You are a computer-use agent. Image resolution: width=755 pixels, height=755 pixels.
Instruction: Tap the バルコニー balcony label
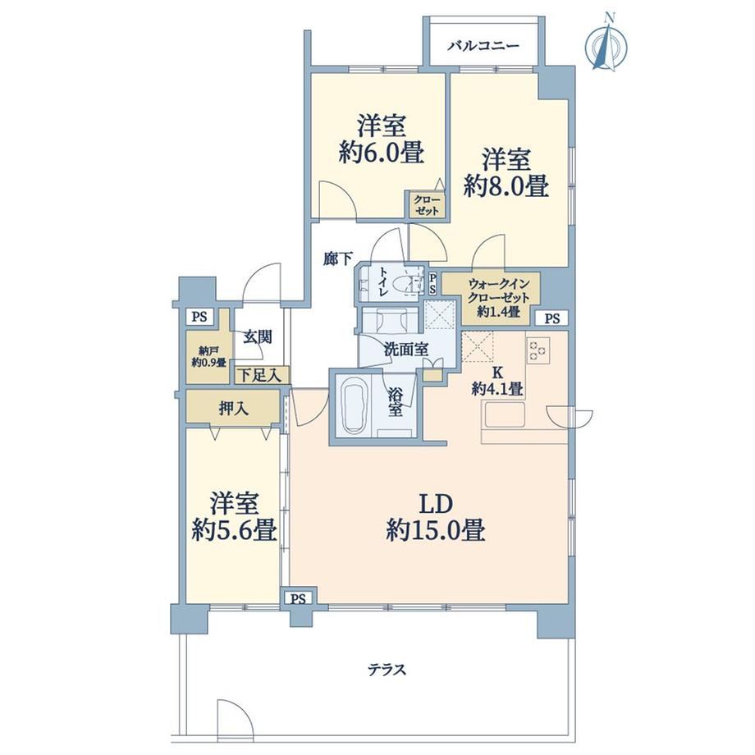483,46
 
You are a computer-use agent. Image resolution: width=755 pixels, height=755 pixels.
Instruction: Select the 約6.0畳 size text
382,153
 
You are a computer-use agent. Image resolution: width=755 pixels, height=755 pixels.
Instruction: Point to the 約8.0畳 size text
506,185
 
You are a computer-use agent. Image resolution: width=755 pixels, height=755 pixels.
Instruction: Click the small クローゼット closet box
427,205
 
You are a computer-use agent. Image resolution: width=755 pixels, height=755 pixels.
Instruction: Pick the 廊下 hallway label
337,260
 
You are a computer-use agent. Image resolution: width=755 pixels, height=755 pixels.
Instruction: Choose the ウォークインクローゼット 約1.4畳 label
498,298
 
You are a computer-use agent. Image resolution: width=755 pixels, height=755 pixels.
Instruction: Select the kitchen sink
505,414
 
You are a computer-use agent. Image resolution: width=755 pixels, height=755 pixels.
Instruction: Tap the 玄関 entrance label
257,337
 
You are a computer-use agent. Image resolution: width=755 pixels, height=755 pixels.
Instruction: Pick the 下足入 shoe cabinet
262,375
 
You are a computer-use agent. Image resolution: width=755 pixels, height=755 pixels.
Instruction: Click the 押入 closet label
234,409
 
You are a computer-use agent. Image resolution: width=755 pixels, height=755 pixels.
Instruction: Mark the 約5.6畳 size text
234,530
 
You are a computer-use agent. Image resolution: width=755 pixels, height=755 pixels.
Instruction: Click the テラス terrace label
387,670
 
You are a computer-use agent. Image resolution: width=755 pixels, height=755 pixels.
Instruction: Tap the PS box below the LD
299,598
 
